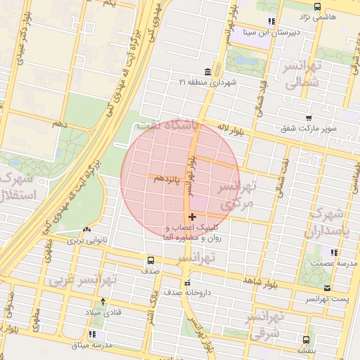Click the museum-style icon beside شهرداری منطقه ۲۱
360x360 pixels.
[x=206, y=72]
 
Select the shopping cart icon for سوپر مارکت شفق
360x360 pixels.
[x=308, y=117]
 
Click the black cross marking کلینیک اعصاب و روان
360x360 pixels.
[x=193, y=217]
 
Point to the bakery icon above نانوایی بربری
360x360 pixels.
[x=86, y=229]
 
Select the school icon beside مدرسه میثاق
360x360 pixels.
[x=91, y=334]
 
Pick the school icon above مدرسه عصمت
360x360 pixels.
[x=335, y=252]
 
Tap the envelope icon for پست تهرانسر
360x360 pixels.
[x=327, y=288]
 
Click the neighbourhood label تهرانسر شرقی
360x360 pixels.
[x=265, y=324]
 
